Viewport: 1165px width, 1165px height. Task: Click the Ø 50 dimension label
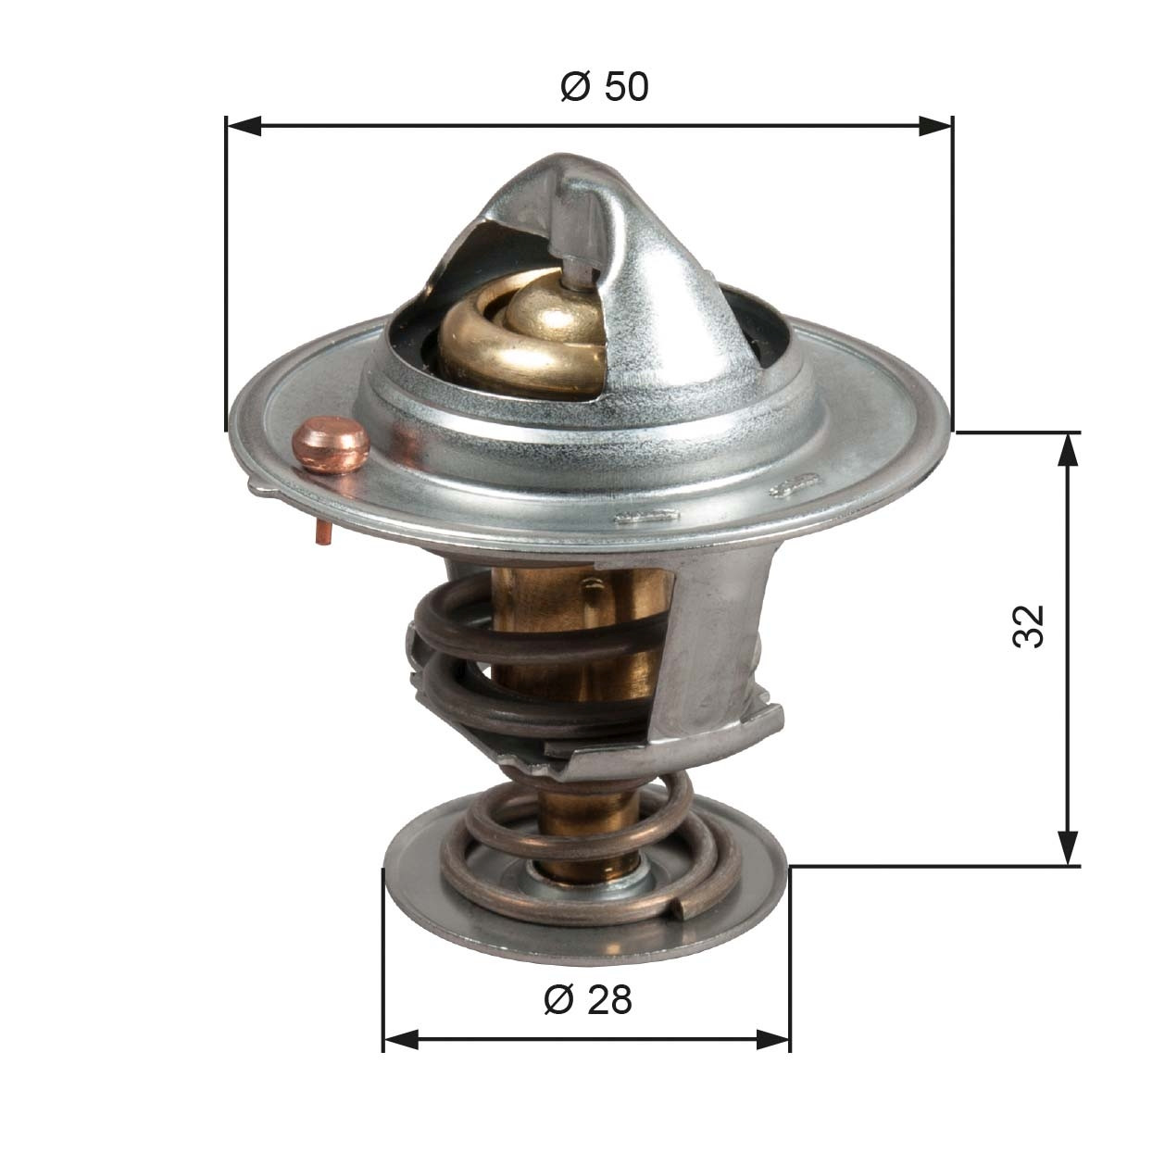(605, 87)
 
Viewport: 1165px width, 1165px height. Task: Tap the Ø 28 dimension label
(588, 999)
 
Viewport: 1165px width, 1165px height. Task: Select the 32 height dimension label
(1029, 626)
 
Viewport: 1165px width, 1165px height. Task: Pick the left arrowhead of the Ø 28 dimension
(400, 1039)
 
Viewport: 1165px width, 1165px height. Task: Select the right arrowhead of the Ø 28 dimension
(773, 1039)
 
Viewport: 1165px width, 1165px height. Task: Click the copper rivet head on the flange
(331, 445)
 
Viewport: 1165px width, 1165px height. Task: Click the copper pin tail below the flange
(323, 532)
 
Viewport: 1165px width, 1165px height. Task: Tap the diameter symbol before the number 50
(574, 88)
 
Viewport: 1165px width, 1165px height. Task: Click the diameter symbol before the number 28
(557, 1000)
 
